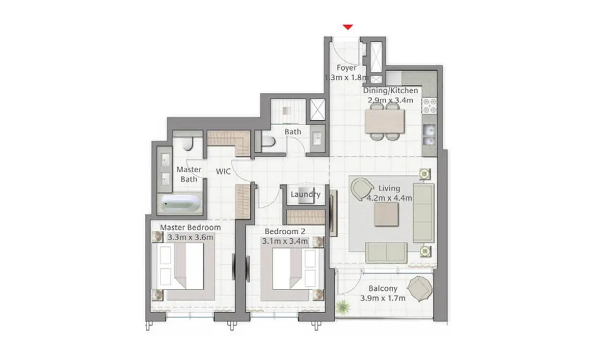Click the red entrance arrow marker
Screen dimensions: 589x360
coord(348,27)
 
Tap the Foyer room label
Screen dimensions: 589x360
coord(347,68)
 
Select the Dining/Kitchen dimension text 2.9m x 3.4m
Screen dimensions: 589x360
coord(390,100)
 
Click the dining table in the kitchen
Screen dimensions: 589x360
coord(385,121)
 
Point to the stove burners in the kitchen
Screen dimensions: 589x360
coord(429,106)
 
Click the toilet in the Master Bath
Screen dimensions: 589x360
coord(187,144)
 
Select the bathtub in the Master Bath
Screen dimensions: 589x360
coord(181,203)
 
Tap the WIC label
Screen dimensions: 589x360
coord(223,171)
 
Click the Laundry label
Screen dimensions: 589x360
coord(305,194)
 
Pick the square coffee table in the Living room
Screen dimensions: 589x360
coord(386,215)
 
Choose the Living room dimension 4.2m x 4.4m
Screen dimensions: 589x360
coord(389,198)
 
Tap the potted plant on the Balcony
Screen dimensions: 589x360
coord(343,307)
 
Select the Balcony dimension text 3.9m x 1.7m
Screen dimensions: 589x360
coord(383,299)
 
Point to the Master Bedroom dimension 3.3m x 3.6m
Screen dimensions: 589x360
coord(190,237)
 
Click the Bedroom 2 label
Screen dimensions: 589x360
coord(285,232)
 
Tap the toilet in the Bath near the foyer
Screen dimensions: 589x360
coord(267,141)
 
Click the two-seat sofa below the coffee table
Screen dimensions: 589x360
coord(386,252)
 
